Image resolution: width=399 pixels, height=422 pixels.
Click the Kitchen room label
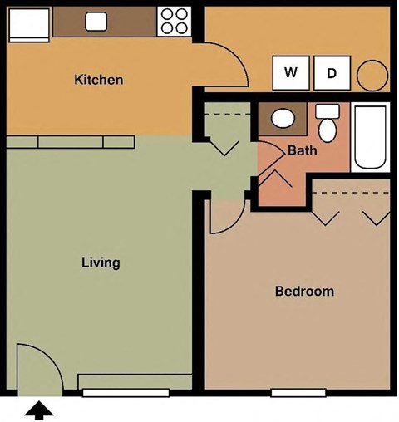click(99, 81)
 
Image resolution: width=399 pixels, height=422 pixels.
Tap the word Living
click(101, 263)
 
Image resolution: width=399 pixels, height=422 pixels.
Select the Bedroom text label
click(304, 292)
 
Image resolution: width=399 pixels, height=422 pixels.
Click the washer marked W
click(291, 73)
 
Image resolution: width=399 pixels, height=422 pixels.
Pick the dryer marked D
click(332, 74)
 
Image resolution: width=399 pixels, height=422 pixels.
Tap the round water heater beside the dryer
click(372, 76)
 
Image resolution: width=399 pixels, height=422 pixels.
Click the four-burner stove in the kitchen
click(174, 21)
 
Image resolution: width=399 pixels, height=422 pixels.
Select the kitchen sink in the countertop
click(96, 22)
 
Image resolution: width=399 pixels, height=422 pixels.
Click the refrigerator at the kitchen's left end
click(30, 24)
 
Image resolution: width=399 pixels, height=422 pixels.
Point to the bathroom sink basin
click(283, 118)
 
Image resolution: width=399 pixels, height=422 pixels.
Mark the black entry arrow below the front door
click(40, 410)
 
